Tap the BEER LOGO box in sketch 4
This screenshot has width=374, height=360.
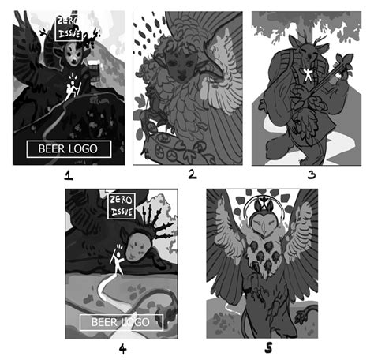coord(121,322)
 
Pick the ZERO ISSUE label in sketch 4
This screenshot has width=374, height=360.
coord(122,208)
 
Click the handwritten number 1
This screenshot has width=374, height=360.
coord(69,179)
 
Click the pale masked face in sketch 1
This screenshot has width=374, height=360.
coord(73,54)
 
